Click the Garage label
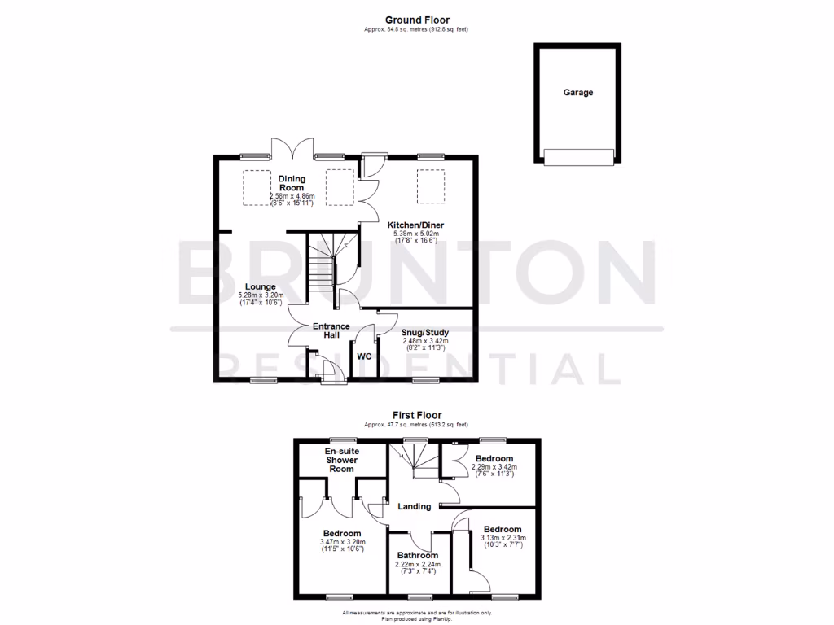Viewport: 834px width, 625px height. pyautogui.click(x=578, y=93)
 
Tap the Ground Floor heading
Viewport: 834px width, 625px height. pyautogui.click(x=417, y=20)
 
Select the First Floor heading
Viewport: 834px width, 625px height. pyautogui.click(x=416, y=415)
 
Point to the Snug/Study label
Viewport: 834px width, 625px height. pyautogui.click(x=425, y=332)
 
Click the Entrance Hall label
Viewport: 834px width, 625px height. pyautogui.click(x=331, y=330)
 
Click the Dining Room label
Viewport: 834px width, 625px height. pyautogui.click(x=292, y=183)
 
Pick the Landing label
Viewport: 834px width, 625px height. pyautogui.click(x=414, y=506)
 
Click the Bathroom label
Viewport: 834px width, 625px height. pyautogui.click(x=419, y=556)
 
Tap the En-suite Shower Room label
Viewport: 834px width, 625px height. pyautogui.click(x=341, y=460)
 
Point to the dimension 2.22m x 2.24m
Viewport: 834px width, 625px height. pyautogui.click(x=419, y=564)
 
